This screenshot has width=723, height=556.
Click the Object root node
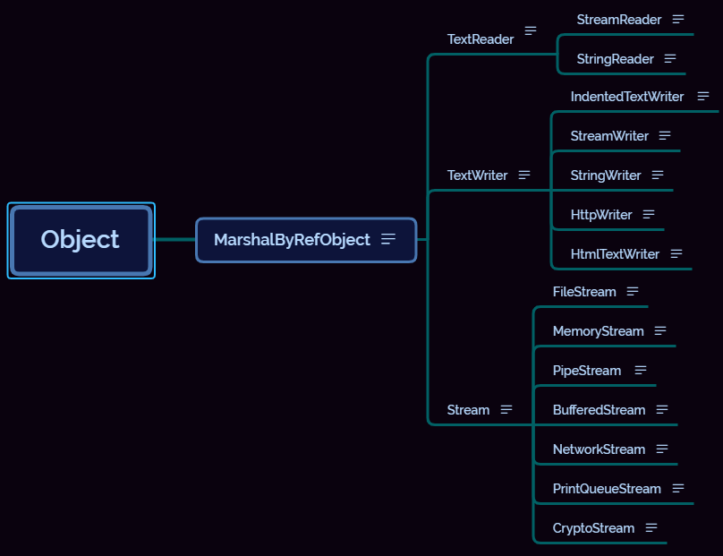(x=81, y=240)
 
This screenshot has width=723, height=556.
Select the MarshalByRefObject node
(x=292, y=240)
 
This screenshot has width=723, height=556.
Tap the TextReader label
(x=481, y=39)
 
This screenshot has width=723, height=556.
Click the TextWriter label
(x=477, y=175)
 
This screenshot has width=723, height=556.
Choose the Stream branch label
(x=468, y=410)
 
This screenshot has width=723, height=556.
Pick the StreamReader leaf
(x=618, y=20)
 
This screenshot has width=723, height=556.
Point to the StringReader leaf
(x=615, y=59)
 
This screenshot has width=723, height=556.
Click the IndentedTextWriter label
(x=626, y=97)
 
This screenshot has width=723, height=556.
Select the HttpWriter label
(x=601, y=215)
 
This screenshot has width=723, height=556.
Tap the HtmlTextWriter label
(x=615, y=254)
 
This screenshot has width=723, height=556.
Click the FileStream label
(x=584, y=292)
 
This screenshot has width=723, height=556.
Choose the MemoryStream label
(x=598, y=331)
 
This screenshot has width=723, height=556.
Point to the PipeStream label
(x=586, y=371)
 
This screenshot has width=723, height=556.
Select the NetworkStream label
(x=599, y=449)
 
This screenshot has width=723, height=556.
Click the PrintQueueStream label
(x=607, y=489)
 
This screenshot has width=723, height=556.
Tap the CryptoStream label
(x=593, y=528)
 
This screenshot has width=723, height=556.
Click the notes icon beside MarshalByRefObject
(x=388, y=239)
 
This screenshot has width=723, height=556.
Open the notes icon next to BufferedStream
(x=662, y=410)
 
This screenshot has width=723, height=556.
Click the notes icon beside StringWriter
(x=658, y=175)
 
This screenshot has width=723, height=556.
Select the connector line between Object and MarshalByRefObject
(x=175, y=240)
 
